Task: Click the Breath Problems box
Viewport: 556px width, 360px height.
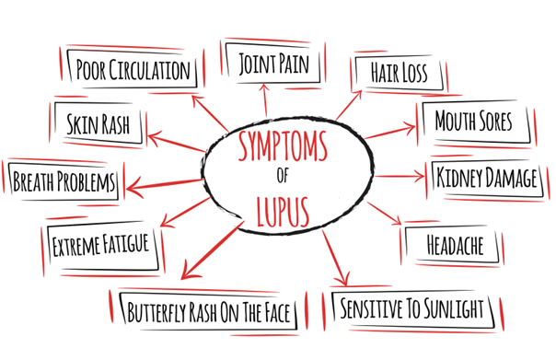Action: tap(64, 180)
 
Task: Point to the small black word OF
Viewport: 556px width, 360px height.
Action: tap(281, 177)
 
